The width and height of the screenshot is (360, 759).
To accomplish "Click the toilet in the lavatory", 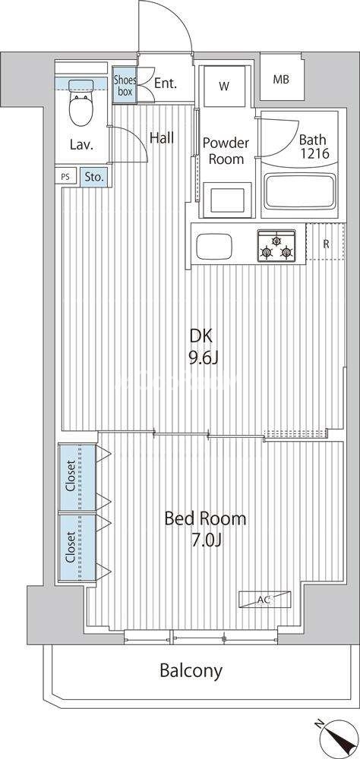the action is (x=81, y=102).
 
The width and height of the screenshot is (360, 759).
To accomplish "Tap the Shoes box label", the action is (x=125, y=86).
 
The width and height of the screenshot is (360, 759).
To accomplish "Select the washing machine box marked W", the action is (x=223, y=87).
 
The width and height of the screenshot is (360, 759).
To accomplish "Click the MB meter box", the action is (x=281, y=79).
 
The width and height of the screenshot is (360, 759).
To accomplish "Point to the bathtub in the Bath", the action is (x=299, y=192).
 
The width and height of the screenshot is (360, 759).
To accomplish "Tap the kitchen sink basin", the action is (x=213, y=247).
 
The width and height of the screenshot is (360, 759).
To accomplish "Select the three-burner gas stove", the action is (x=276, y=245).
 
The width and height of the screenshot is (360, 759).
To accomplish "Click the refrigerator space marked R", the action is (x=326, y=244).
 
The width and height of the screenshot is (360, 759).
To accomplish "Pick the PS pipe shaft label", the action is (x=65, y=177).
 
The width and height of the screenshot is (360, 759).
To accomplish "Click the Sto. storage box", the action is (x=94, y=177).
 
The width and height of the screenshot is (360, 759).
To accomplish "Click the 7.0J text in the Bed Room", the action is (x=205, y=540).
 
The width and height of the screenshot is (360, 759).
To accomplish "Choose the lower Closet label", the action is (x=71, y=547).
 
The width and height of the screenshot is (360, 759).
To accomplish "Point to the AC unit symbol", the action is (x=264, y=599).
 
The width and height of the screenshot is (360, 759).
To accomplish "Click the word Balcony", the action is (x=191, y=671).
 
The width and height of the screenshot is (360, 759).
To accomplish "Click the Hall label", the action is (x=161, y=138).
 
